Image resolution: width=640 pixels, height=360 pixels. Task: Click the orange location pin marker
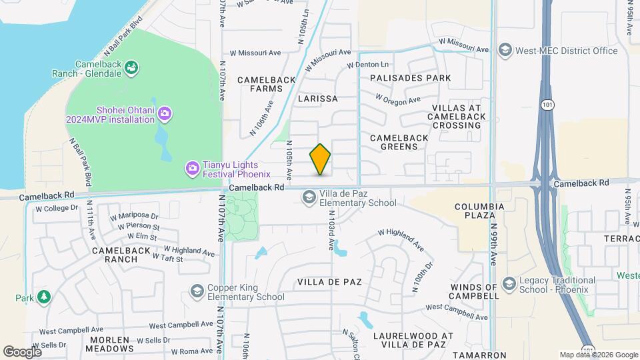pyautogui.click(x=321, y=159)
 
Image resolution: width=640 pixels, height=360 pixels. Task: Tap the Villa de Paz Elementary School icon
pyautogui.click(x=309, y=196)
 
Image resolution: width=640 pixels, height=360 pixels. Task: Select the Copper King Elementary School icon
pyautogui.click(x=197, y=291)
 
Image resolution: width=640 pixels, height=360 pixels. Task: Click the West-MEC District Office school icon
pyautogui.click(x=506, y=50)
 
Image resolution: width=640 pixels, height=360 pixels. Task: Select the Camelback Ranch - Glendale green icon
pyautogui.click(x=132, y=67)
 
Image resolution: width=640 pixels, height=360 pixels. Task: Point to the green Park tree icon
pyautogui.click(x=44, y=297)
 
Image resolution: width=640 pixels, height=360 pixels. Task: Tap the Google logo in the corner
pyautogui.click(x=22, y=351)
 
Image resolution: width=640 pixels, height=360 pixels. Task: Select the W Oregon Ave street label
pyautogui.click(x=398, y=99)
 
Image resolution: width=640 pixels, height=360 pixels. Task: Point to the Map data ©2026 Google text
pyautogui.click(x=598, y=355)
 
